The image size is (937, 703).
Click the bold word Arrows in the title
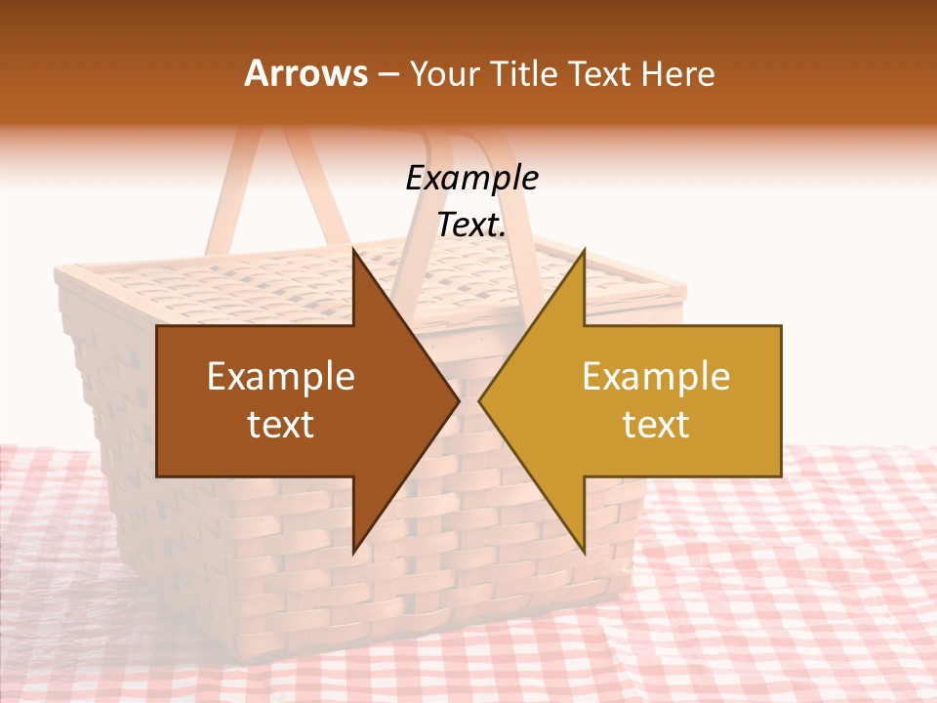[306, 73]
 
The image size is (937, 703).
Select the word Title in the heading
[524, 74]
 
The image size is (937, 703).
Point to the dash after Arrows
[387, 75]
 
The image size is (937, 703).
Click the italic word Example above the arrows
[471, 179]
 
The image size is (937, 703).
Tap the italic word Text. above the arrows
[471, 226]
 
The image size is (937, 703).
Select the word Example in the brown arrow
[281, 376]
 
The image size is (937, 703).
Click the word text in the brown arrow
[281, 425]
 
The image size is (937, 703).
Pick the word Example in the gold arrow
[656, 376]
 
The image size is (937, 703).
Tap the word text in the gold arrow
[656, 425]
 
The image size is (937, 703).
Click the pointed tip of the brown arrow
[459, 400]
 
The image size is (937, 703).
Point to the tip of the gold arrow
[479, 400]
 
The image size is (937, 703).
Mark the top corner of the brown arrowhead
[354, 251]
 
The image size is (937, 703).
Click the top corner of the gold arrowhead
[584, 251]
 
